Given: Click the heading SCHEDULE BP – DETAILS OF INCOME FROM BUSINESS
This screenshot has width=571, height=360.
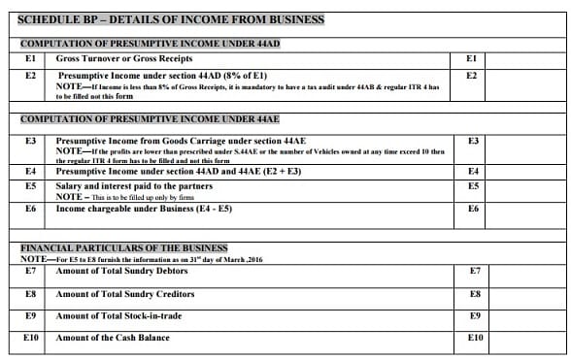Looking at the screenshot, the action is click(172, 19).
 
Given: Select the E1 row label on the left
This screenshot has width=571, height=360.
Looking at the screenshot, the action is click(30, 59).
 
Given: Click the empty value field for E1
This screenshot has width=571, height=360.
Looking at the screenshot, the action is click(523, 59).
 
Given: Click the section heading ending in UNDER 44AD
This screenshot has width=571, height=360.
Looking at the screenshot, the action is click(150, 44).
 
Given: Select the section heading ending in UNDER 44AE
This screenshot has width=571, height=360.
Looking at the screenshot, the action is click(150, 118).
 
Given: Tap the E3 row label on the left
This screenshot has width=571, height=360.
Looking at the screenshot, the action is click(30, 141).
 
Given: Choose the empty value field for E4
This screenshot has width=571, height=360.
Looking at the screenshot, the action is click(523, 172).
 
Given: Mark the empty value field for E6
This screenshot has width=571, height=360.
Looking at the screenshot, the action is click(523, 209).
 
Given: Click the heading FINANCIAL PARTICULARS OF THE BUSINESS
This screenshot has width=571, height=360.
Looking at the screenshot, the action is click(124, 248).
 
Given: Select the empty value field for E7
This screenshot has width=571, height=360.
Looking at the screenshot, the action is click(523, 273).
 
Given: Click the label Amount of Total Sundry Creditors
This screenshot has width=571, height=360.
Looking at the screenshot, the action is click(125, 294).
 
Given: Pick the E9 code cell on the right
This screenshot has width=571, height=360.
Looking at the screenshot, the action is click(475, 316).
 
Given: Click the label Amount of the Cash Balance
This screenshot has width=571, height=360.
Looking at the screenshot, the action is click(113, 338).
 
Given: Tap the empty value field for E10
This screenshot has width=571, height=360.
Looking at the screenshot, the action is click(523, 340).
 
